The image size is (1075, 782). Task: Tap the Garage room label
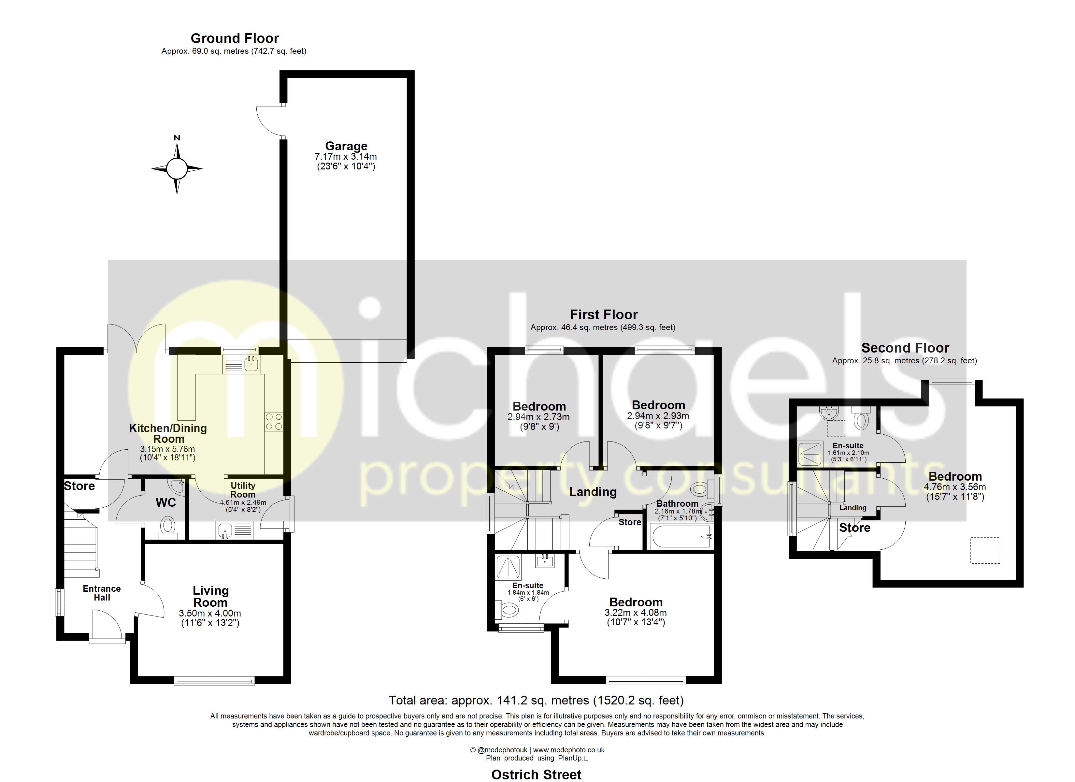pyautogui.click(x=346, y=146)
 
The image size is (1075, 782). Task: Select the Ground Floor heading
pyautogui.click(x=235, y=38)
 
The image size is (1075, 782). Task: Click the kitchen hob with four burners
pyautogui.click(x=274, y=422)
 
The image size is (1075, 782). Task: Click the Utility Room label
pyautogui.click(x=243, y=490)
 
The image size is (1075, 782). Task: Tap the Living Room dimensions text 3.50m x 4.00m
pyautogui.click(x=210, y=613)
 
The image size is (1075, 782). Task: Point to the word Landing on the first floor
pyautogui.click(x=593, y=492)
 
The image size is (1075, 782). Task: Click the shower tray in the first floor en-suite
pyautogui.click(x=508, y=567)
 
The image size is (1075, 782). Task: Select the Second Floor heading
pyautogui.click(x=905, y=348)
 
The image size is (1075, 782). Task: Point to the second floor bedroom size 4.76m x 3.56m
pyautogui.click(x=954, y=487)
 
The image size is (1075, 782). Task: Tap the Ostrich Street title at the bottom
pyautogui.click(x=536, y=775)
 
